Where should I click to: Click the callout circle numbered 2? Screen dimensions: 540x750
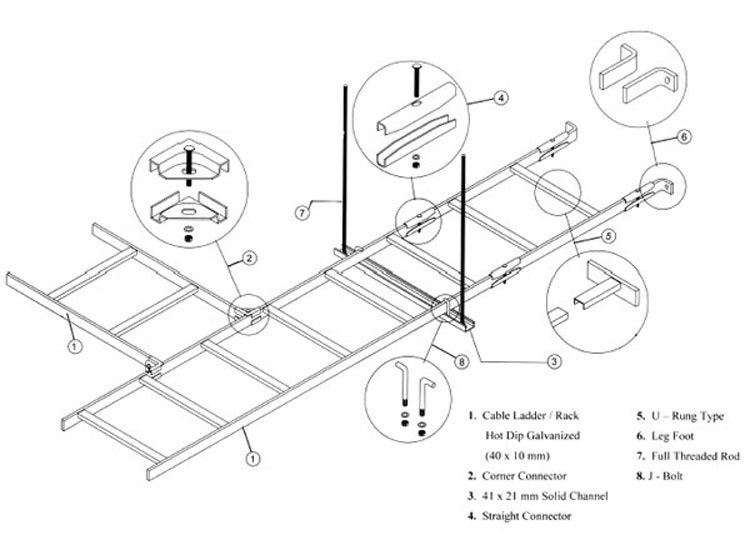(x=250, y=258)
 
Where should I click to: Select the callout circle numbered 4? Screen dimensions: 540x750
(x=501, y=98)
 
